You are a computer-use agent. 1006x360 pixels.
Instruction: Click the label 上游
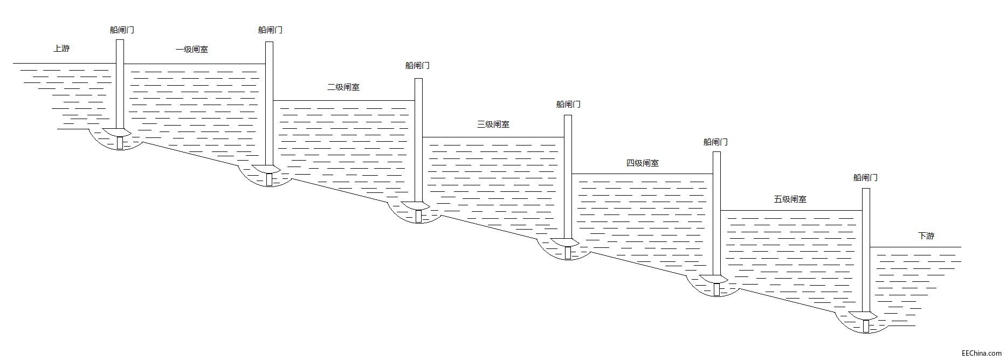click(61, 49)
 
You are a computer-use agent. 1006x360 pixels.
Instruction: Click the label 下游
click(926, 236)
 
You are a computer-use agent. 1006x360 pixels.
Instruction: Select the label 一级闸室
click(192, 50)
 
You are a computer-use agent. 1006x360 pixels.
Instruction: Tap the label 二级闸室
click(343, 87)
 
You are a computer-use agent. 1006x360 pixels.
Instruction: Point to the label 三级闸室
click(493, 124)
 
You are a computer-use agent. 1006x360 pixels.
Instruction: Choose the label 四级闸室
click(642, 163)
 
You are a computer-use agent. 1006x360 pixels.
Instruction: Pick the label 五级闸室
click(790, 199)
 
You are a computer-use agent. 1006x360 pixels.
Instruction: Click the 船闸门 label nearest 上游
click(122, 30)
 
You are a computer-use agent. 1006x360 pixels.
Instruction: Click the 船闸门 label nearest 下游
click(865, 177)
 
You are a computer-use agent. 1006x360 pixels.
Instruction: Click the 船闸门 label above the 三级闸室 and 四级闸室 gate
click(568, 105)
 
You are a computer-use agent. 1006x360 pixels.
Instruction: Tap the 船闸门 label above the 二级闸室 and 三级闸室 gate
click(417, 66)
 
